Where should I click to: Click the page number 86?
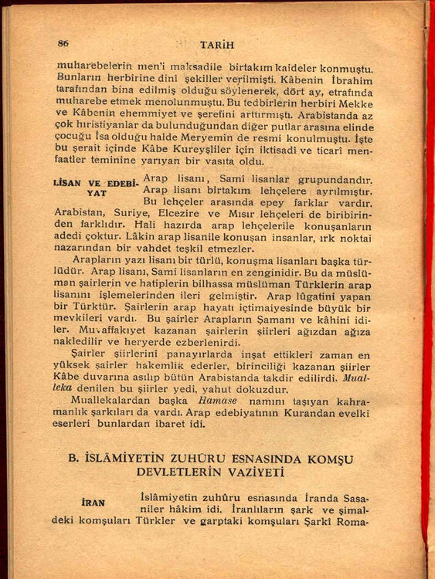pyautogui.click(x=63, y=43)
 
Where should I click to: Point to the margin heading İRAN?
pyautogui.click(x=93, y=502)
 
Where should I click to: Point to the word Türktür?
pyautogui.click(x=84, y=306)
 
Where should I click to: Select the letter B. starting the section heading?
pyautogui.click(x=73, y=458)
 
